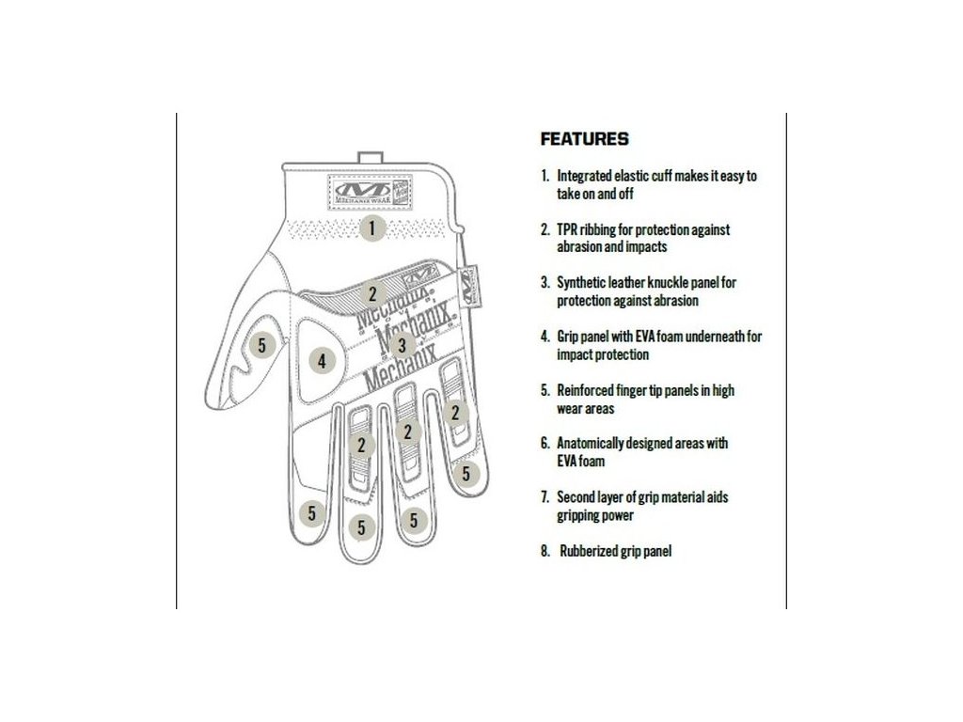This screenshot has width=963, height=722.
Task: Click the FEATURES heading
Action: pyautogui.click(x=584, y=139)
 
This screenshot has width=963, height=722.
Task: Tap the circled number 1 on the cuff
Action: pyautogui.click(x=372, y=227)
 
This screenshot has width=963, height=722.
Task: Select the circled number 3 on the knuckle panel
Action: pyautogui.click(x=402, y=345)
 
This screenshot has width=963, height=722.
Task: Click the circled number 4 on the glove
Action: pyautogui.click(x=322, y=360)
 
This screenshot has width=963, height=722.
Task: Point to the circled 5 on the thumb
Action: pyautogui.click(x=262, y=345)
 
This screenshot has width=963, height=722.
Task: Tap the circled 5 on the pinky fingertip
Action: pyautogui.click(x=466, y=474)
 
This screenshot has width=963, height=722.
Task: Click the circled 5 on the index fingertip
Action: pyautogui.click(x=311, y=513)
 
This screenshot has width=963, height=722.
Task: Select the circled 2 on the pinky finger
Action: pyautogui.click(x=456, y=411)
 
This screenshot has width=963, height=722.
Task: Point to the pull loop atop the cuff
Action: pyautogui.click(x=368, y=157)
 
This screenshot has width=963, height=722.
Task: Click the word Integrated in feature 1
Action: pyautogui.click(x=587, y=175)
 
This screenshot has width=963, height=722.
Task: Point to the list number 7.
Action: pyautogui.click(x=545, y=497)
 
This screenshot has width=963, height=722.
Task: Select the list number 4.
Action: pyautogui.click(x=545, y=337)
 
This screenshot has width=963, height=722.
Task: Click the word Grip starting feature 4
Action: pyautogui.click(x=569, y=337)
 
